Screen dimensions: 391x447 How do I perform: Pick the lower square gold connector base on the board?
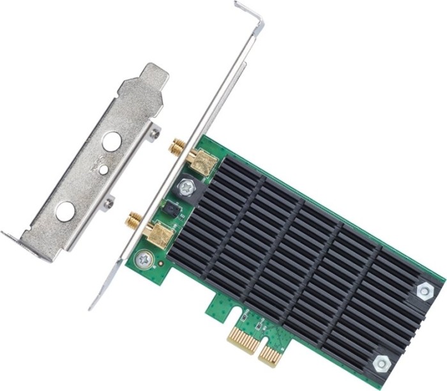[160, 234]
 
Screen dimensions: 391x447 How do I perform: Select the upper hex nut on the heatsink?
[424, 291]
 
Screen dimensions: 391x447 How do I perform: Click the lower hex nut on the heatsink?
[382, 362]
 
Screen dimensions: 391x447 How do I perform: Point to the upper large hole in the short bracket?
[112, 141]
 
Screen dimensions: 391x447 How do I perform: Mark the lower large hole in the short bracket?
[65, 211]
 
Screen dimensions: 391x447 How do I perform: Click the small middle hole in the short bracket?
[103, 170]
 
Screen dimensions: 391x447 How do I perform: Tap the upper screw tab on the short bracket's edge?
[155, 132]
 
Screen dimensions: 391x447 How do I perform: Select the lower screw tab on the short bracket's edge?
[109, 203]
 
